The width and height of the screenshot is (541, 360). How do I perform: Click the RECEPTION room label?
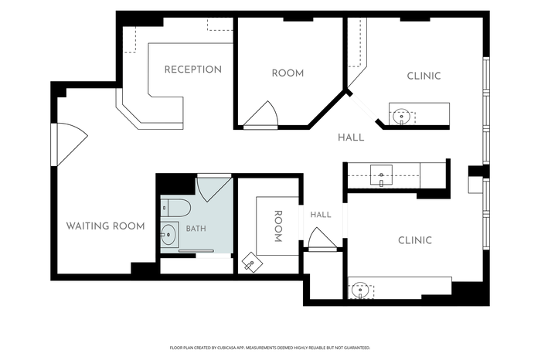(193, 70)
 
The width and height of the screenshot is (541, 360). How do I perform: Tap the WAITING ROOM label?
(105, 226)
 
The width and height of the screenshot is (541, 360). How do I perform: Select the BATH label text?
(196, 229)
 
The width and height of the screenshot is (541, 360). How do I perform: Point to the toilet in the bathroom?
(175, 209)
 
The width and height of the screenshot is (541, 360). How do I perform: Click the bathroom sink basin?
(168, 235)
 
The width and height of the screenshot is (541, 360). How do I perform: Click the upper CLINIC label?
(424, 76)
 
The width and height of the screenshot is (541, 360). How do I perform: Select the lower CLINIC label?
(415, 240)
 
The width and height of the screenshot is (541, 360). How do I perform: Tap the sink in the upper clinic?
(402, 117)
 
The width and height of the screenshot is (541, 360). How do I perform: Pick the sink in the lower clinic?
(360, 290)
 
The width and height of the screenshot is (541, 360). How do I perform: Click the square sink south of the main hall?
(381, 175)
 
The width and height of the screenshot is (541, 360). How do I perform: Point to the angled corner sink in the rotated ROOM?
(252, 261)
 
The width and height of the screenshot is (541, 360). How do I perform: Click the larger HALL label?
(351, 138)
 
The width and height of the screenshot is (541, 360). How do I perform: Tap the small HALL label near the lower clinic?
(321, 215)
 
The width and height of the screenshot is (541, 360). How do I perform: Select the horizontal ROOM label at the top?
(288, 73)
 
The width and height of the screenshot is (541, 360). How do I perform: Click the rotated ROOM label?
(277, 226)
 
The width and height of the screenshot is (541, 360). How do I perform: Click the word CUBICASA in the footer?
(226, 348)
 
